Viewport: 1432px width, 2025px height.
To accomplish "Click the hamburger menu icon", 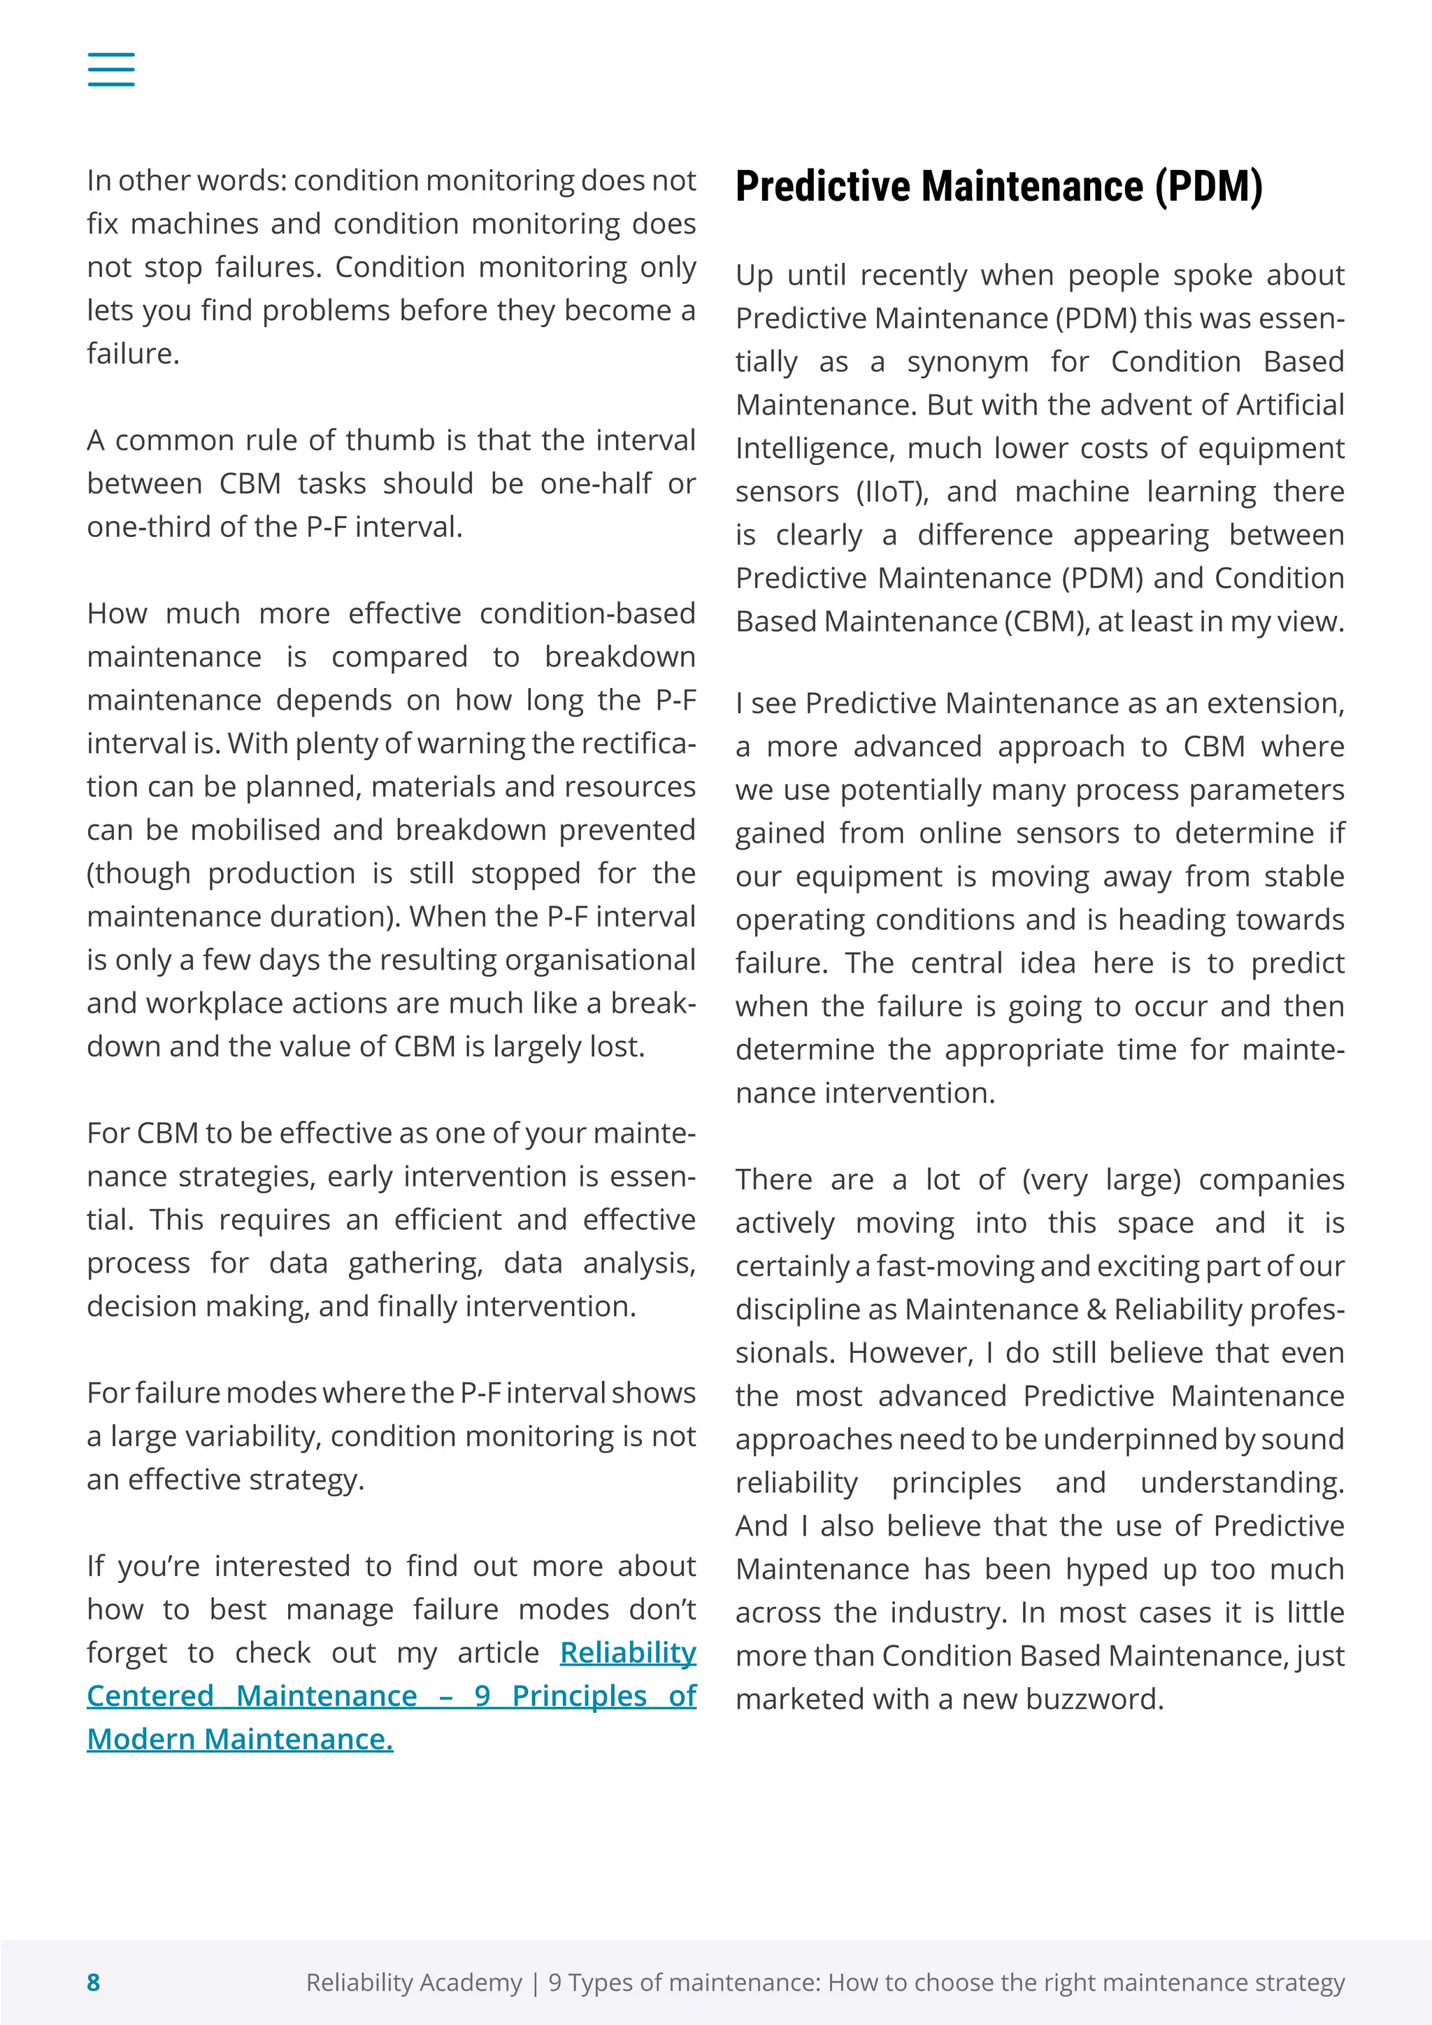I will pos(111,69).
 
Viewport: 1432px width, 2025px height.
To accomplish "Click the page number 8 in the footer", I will pos(94,1982).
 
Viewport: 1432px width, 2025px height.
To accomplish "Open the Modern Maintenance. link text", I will pos(240,1738).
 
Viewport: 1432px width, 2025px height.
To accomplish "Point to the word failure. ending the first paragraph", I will pos(133,354).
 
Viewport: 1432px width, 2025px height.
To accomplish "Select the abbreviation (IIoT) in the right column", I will pos(892,492).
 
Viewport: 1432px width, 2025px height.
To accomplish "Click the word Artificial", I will pos(1290,405).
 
